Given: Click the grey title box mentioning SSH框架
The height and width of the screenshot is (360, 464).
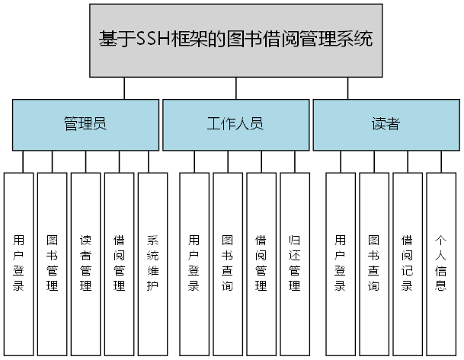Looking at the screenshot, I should pyautogui.click(x=235, y=40).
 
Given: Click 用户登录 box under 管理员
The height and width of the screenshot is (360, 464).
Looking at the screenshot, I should pyautogui.click(x=18, y=263).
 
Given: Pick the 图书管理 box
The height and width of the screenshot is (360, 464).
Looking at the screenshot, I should pyautogui.click(x=52, y=263).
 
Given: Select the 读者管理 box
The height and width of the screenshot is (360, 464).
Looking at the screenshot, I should pyautogui.click(x=85, y=263).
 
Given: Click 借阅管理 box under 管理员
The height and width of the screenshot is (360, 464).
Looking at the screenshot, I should pyautogui.click(x=119, y=263).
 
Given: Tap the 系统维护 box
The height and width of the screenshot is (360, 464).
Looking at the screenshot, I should pyautogui.click(x=152, y=263).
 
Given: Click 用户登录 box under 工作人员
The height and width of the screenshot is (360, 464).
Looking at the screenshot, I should pyautogui.click(x=194, y=263).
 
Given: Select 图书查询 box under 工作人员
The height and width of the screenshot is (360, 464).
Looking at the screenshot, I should pyautogui.click(x=228, y=263).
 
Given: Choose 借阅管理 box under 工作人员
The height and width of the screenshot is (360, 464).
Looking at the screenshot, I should pyautogui.click(x=261, y=263).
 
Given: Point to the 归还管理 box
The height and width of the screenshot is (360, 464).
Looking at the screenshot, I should pyautogui.click(x=295, y=263).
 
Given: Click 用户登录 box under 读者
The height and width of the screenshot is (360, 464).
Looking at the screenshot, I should pyautogui.click(x=340, y=263).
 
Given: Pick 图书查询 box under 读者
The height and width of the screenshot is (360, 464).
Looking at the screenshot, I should pyautogui.click(x=373, y=263).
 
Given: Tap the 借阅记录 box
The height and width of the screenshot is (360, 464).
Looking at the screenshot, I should pyautogui.click(x=407, y=263).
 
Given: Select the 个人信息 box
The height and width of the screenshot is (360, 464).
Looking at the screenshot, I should pyautogui.click(x=440, y=263).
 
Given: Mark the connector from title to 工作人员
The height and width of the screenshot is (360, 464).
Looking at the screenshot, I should pyautogui.click(x=235, y=88).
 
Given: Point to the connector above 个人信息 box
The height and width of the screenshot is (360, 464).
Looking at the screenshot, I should pyautogui.click(x=440, y=161).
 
